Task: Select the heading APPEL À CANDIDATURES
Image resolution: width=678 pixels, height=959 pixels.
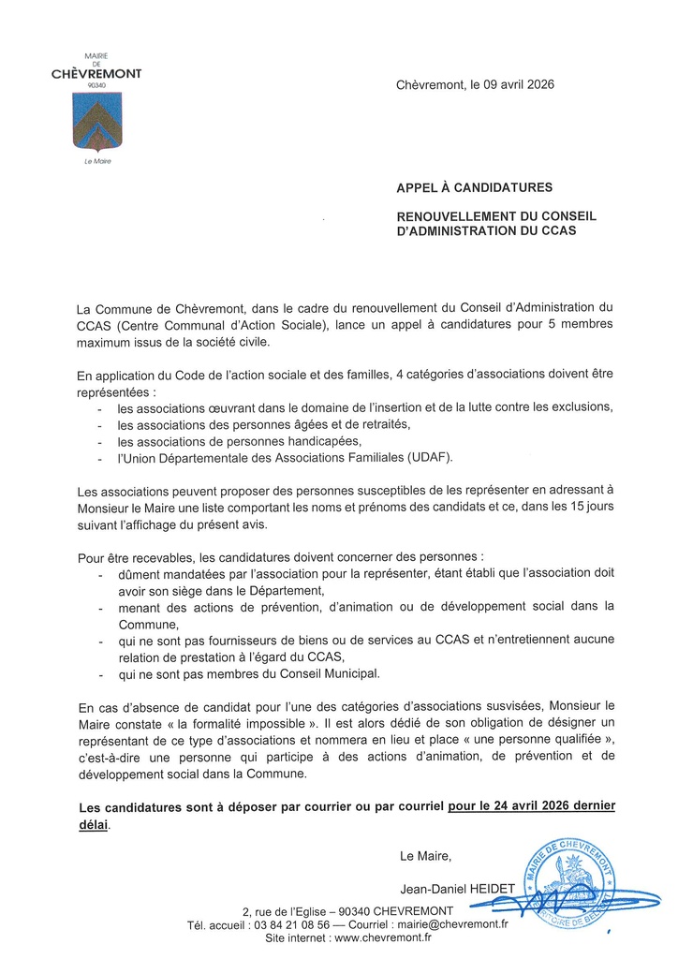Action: (474, 187)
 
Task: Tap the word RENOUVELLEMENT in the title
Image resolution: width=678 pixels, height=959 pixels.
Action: (458, 216)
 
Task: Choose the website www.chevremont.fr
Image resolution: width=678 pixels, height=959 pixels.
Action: (383, 937)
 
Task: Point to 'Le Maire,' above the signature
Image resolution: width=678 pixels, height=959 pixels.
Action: (425, 855)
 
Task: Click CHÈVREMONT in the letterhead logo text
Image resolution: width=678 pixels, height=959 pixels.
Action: (96, 74)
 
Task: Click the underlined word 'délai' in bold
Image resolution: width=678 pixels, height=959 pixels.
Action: (94, 824)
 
